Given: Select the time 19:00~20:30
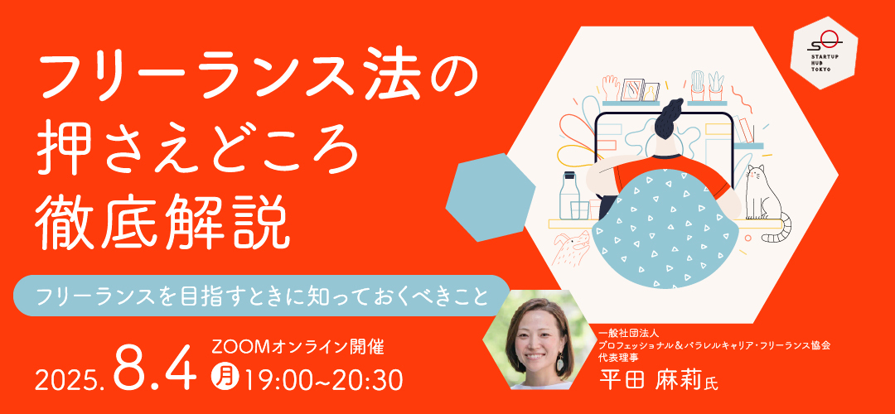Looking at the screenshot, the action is tap(322, 378).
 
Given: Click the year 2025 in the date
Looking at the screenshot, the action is tap(70, 378).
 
